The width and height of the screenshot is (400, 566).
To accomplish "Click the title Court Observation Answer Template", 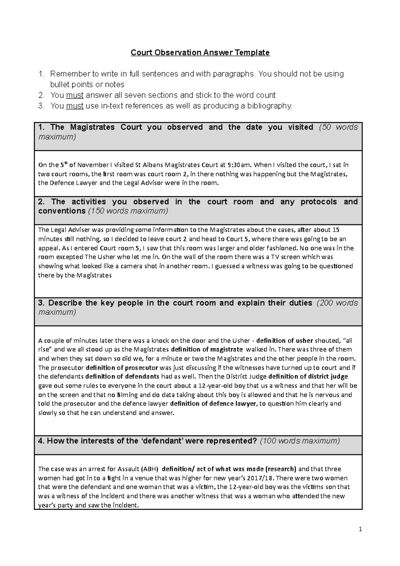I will tap(200, 52).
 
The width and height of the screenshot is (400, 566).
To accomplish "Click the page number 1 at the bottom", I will tap(360, 529).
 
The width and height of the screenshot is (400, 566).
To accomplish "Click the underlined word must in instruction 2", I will tap(75, 95).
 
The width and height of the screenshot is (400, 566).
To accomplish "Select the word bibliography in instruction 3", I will tap(272, 106).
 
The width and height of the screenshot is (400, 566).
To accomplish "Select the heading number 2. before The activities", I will tap(42, 202).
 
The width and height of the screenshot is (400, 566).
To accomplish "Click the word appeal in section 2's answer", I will tap(49, 248).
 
